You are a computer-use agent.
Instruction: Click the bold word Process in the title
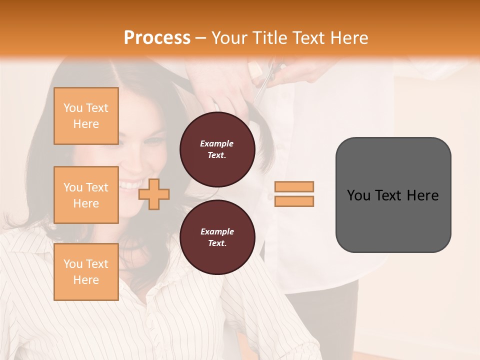pyautogui.click(x=157, y=37)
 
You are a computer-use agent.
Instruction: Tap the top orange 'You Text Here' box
pyautogui.click(x=86, y=116)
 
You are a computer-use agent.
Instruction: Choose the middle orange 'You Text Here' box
pyautogui.click(x=86, y=195)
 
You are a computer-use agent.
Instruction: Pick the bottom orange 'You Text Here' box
pyautogui.click(x=86, y=271)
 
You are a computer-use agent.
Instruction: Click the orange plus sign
pyautogui.click(x=154, y=193)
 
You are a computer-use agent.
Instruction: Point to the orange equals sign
pyautogui.click(x=294, y=194)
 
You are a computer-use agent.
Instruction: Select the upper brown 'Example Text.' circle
pyautogui.click(x=217, y=149)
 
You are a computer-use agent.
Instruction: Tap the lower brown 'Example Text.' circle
pyautogui.click(x=217, y=237)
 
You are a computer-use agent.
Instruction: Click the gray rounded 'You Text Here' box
pyautogui.click(x=393, y=195)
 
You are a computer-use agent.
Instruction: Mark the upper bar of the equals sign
pyautogui.click(x=294, y=187)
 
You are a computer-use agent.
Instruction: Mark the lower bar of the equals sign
pyautogui.click(x=294, y=201)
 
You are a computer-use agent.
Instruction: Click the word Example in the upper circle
pyautogui.click(x=217, y=144)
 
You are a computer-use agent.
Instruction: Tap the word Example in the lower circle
pyautogui.click(x=217, y=231)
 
